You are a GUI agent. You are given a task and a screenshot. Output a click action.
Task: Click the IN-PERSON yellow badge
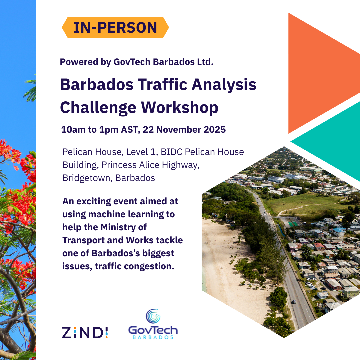pyautogui.click(x=115, y=27)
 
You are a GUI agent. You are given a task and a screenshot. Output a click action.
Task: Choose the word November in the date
pyautogui.click(x=176, y=130)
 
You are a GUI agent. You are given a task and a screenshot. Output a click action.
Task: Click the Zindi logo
pyautogui.click(x=85, y=332)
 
